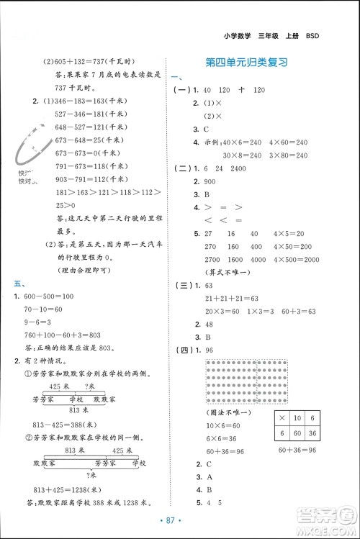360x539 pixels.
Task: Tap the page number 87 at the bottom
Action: tap(180, 520)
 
